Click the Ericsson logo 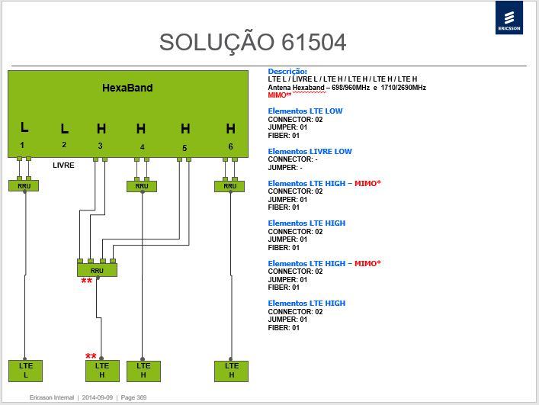pos(509,18)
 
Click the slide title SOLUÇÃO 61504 pos(252,43)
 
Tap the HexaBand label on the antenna pos(127,88)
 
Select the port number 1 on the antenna pos(22,145)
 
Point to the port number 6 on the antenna pos(231,146)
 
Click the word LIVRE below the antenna pos(63,166)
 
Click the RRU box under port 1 pos(24,185)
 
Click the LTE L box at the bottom pos(25,371)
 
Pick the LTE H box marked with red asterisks pos(102,371)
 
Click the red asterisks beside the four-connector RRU pos(87,281)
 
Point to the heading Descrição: pos(287,72)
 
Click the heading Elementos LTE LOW pos(305,111)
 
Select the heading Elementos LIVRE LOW pos(310,151)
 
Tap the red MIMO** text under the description pos(280,95)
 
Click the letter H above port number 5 pos(185,129)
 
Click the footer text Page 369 pos(133,397)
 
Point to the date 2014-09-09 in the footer pos(98,397)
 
